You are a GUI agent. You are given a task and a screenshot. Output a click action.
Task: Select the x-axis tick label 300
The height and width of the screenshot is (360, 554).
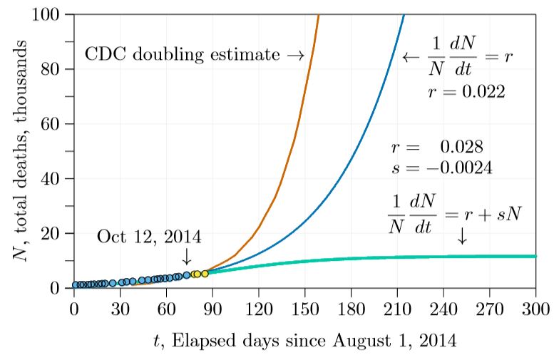coord(535,309)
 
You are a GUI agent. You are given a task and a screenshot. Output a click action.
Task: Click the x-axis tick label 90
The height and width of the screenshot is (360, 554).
coord(212,309)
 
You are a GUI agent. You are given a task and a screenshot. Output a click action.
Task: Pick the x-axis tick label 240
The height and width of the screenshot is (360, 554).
coord(443,309)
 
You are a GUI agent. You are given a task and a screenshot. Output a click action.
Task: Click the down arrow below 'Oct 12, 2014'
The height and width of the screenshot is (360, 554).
coord(187,255)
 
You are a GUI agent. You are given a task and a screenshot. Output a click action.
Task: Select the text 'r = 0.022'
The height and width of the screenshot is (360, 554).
coord(467,91)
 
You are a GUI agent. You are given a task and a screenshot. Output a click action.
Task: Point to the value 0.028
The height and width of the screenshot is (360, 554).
coord(462,147)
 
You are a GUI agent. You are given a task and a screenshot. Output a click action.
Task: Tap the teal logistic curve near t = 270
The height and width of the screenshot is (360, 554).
coord(490,256)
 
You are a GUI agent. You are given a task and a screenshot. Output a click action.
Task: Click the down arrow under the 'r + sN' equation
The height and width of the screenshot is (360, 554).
coord(462,237)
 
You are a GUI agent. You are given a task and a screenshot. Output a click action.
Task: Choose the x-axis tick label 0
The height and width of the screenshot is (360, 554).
coord(74,309)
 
